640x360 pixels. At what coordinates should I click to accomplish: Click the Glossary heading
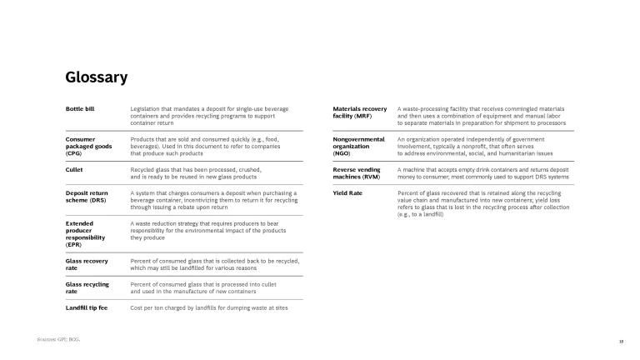96,77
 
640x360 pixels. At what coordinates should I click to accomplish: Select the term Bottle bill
80,109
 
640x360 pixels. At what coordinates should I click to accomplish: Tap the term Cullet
74,169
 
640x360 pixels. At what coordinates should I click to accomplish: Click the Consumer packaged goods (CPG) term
87,146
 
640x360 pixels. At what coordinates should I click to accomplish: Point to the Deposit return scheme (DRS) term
87,197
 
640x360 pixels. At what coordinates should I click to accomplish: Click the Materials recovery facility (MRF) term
359,112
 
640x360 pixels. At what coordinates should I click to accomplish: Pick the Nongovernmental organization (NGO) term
358,146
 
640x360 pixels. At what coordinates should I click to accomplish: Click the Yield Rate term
347,193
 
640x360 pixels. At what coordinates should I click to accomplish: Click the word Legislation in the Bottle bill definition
147,109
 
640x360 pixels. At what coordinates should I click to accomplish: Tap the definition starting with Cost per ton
209,307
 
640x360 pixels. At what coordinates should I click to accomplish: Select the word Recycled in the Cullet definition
144,169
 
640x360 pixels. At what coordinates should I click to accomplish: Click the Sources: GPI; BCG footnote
59,340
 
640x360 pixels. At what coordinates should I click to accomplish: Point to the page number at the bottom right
610,341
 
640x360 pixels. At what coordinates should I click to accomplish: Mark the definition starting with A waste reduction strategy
208,230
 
